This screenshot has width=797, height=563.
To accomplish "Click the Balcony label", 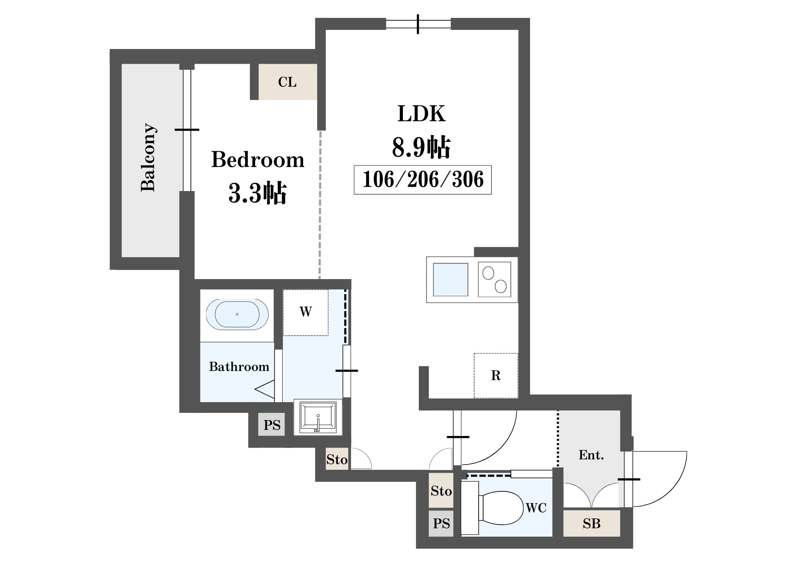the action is tap(148, 158).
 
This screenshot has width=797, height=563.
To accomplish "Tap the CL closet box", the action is tap(288, 82).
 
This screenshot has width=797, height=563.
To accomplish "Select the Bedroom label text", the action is tap(258, 160).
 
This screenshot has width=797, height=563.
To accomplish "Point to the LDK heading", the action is tap(421, 113).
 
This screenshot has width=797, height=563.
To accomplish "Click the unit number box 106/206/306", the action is tap(423, 180).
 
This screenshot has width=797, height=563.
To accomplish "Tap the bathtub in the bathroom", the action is tap(237, 314).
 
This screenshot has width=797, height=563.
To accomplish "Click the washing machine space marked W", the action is tap(306, 312).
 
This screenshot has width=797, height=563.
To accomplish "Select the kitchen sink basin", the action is tap(450, 280).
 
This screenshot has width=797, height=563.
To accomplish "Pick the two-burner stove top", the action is tap(495, 280).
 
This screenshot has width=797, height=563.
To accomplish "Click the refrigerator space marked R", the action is tap(496, 375).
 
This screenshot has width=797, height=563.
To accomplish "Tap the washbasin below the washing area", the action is tap(318, 417).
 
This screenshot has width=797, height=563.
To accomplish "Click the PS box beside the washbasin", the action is tap(272, 424).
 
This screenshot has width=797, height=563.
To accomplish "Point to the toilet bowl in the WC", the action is tap(501, 508).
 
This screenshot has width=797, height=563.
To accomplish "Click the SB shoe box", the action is tap(592, 523).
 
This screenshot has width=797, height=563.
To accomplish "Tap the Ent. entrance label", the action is tap(591, 455).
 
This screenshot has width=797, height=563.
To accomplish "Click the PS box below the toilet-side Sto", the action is tap(441, 523).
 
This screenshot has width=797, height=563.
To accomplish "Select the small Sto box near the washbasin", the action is tap(337, 459).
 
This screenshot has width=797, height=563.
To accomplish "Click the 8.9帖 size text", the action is tap(421, 147).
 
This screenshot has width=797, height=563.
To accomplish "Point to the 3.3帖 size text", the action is tap(257, 193).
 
